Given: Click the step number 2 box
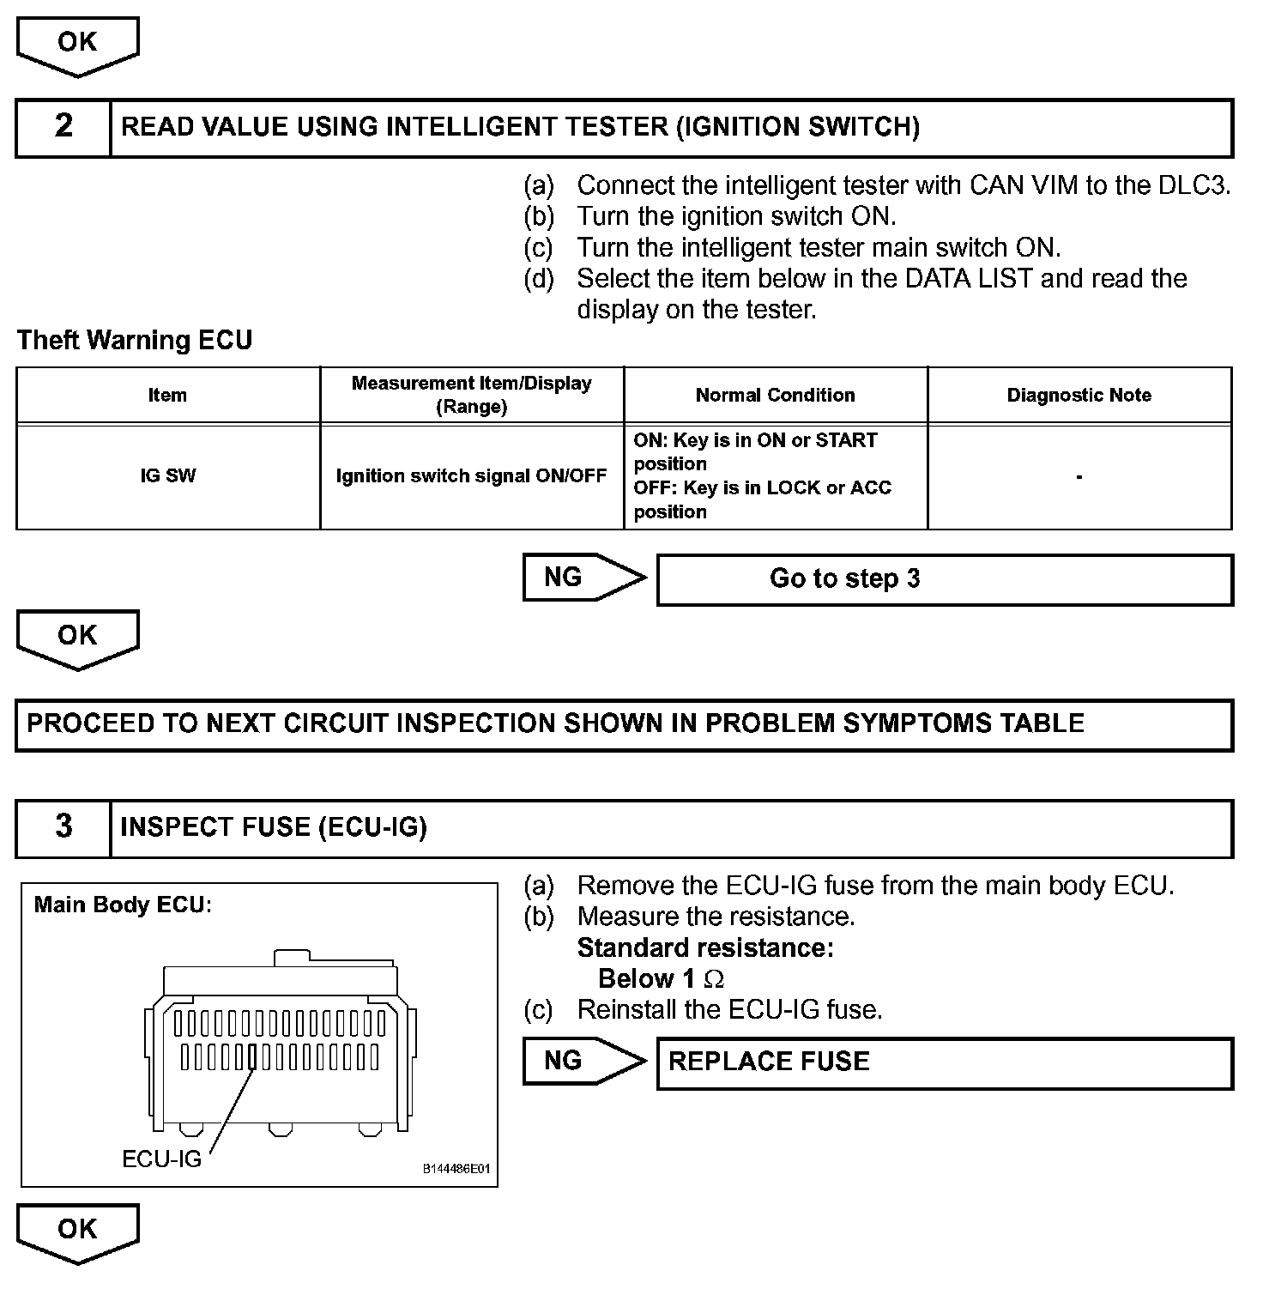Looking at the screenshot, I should (x=63, y=127).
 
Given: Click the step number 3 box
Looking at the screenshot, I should (x=63, y=827).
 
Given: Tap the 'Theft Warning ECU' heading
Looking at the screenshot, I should (x=135, y=341).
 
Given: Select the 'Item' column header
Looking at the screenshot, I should (x=167, y=396).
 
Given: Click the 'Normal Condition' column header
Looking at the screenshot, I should (x=775, y=396).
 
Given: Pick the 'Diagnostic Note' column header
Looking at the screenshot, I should (x=1079, y=396).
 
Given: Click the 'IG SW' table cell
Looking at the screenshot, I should (x=167, y=476).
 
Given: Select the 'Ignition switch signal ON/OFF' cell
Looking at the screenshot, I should (x=471, y=476).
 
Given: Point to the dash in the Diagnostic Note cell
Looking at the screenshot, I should (x=1079, y=476).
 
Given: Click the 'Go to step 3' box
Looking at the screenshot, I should (x=944, y=579).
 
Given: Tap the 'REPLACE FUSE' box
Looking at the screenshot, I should (x=944, y=1062).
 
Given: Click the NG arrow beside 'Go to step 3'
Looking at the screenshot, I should (x=583, y=578).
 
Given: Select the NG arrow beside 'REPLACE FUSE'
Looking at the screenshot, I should (x=583, y=1061).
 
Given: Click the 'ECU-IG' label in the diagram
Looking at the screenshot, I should (x=161, y=1159).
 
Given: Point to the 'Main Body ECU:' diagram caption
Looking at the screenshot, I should (x=122, y=905).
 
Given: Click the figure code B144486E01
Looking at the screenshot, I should (x=456, y=1169).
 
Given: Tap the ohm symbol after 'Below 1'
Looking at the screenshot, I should (x=713, y=979).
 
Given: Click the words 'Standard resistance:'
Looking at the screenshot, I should (x=704, y=948).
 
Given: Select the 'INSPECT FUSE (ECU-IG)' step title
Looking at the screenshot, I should (x=274, y=827).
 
